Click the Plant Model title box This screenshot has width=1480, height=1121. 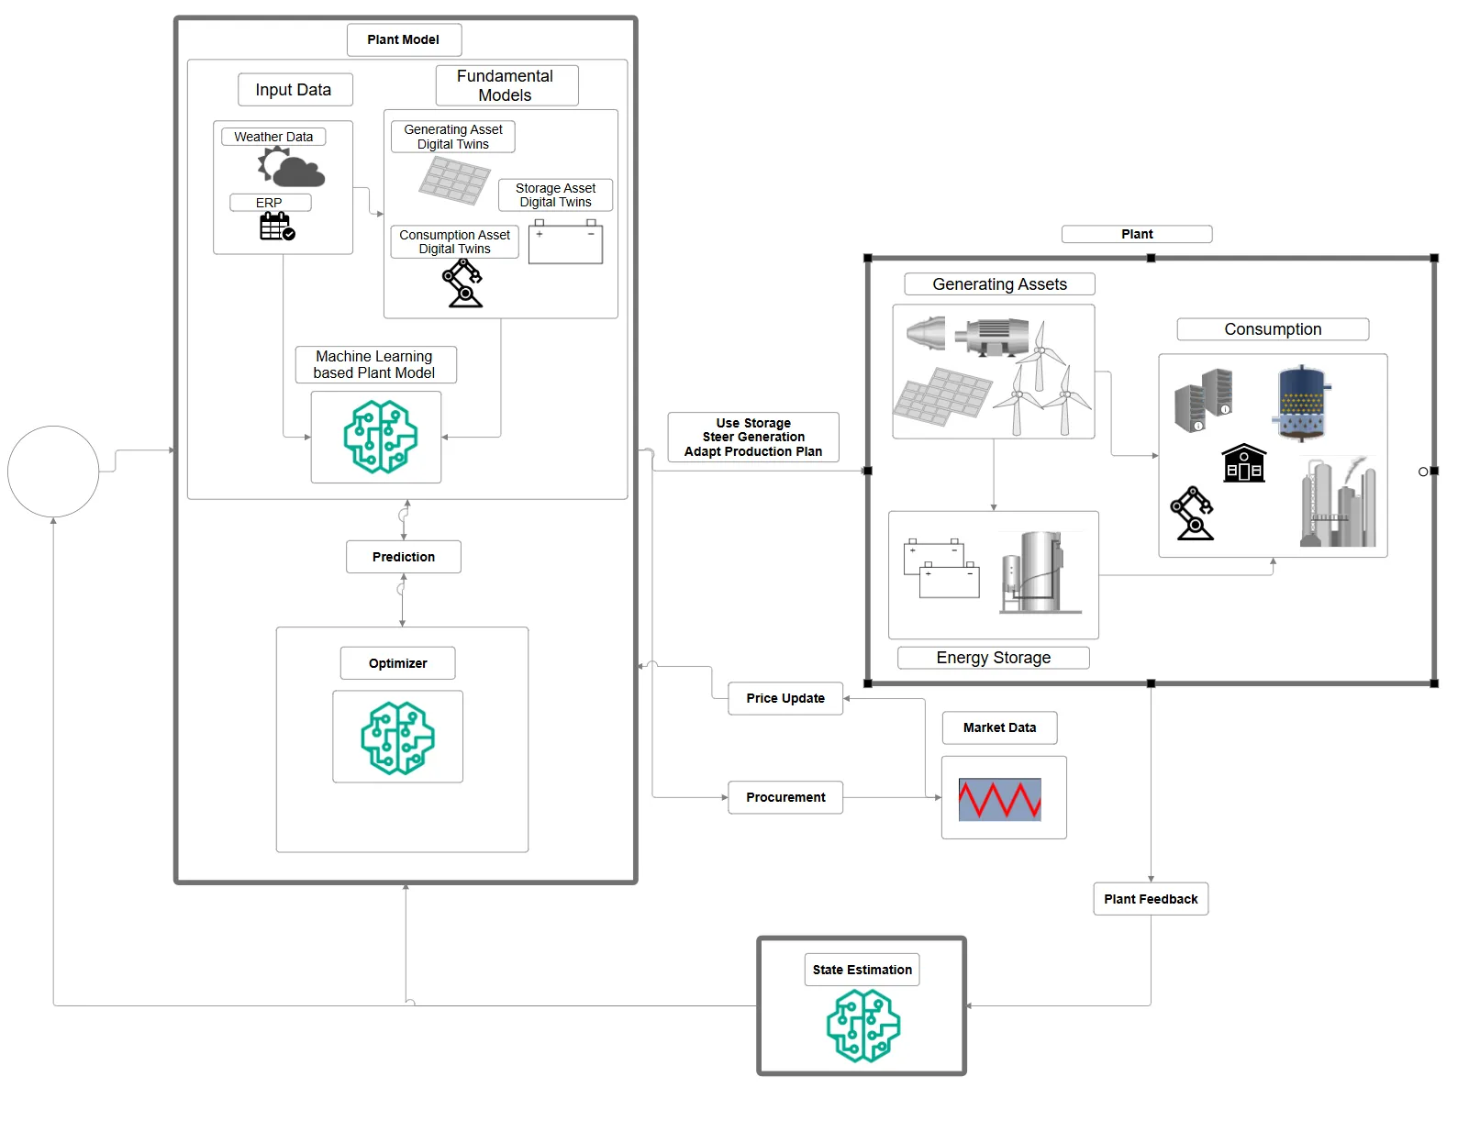[404, 40]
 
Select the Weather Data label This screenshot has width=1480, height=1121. [273, 137]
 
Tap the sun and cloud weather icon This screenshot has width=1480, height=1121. [291, 168]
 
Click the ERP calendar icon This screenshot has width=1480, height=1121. [277, 227]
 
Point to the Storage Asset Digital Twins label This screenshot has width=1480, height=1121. [555, 195]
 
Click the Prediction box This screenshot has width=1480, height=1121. [404, 557]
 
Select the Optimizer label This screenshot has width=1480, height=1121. [397, 663]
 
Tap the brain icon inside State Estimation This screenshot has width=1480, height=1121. [862, 1026]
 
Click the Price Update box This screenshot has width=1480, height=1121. [785, 698]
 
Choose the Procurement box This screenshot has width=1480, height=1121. [785, 797]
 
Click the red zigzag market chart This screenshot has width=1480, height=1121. [999, 799]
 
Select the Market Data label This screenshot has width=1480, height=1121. [999, 727]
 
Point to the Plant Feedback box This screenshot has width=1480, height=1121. [1151, 899]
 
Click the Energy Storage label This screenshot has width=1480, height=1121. [993, 658]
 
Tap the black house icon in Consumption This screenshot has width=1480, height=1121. [1243, 463]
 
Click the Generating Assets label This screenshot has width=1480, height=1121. [999, 284]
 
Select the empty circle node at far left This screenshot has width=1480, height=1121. [53, 472]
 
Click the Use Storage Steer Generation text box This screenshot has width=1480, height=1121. [753, 438]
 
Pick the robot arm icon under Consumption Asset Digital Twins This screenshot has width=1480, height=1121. [463, 283]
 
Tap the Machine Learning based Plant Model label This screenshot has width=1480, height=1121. [374, 364]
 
